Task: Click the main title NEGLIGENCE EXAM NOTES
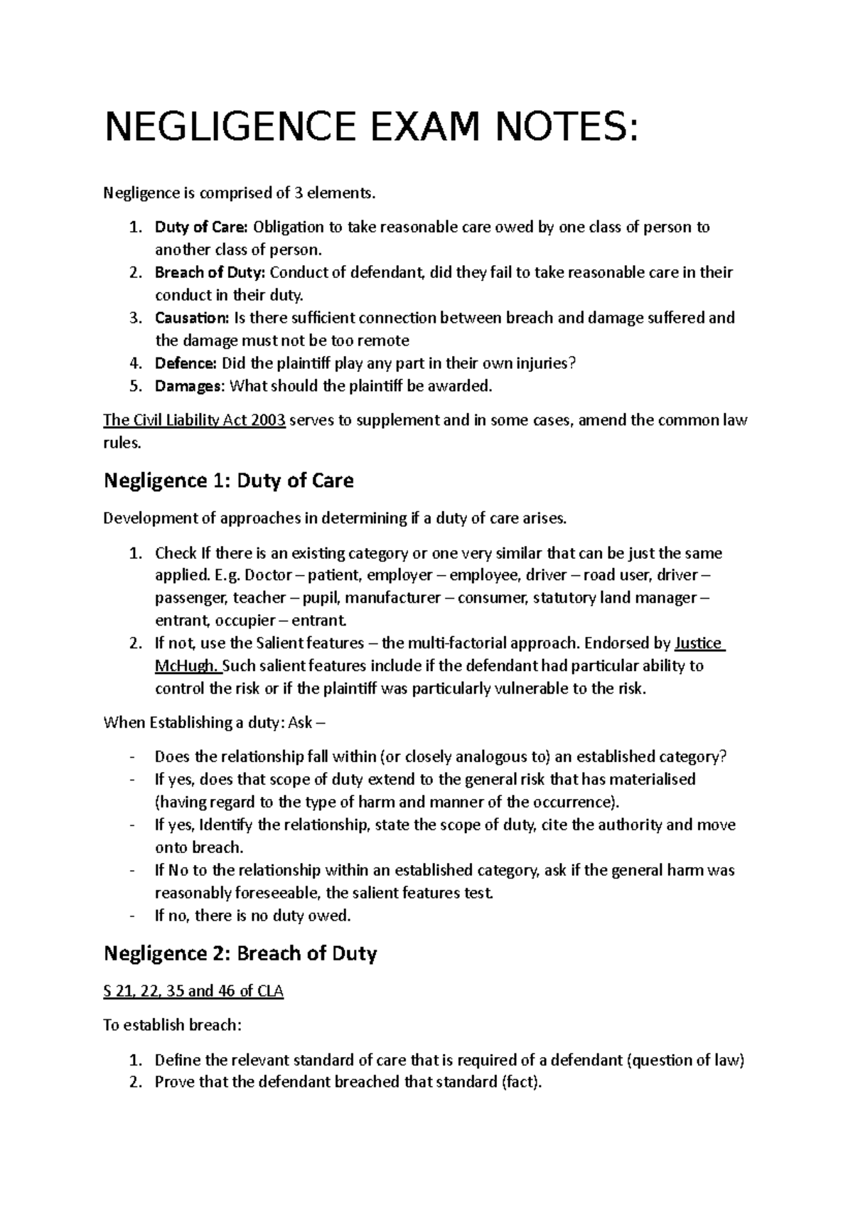pyautogui.click(x=370, y=128)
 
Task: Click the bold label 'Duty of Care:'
pyautogui.click(x=201, y=227)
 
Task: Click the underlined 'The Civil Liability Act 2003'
pyautogui.click(x=195, y=420)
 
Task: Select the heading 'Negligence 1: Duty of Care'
pyautogui.click(x=228, y=481)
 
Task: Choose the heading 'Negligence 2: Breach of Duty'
pyautogui.click(x=240, y=953)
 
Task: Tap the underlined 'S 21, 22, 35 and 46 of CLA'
pyautogui.click(x=193, y=992)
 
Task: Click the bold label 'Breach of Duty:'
pyautogui.click(x=210, y=273)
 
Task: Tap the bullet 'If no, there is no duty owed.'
pyautogui.click(x=252, y=916)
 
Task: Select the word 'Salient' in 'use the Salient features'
pyautogui.click(x=278, y=643)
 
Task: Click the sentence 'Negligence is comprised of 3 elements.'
pyautogui.click(x=237, y=193)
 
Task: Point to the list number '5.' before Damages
pyautogui.click(x=136, y=386)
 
